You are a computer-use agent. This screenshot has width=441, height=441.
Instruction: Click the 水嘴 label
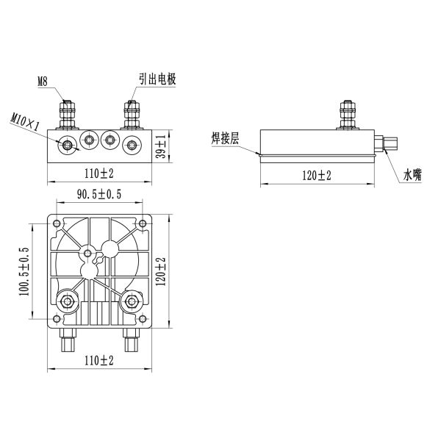pos(412,174)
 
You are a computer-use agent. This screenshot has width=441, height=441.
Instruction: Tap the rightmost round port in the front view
pos(132,144)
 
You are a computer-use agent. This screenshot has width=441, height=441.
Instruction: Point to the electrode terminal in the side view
pos(347,115)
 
